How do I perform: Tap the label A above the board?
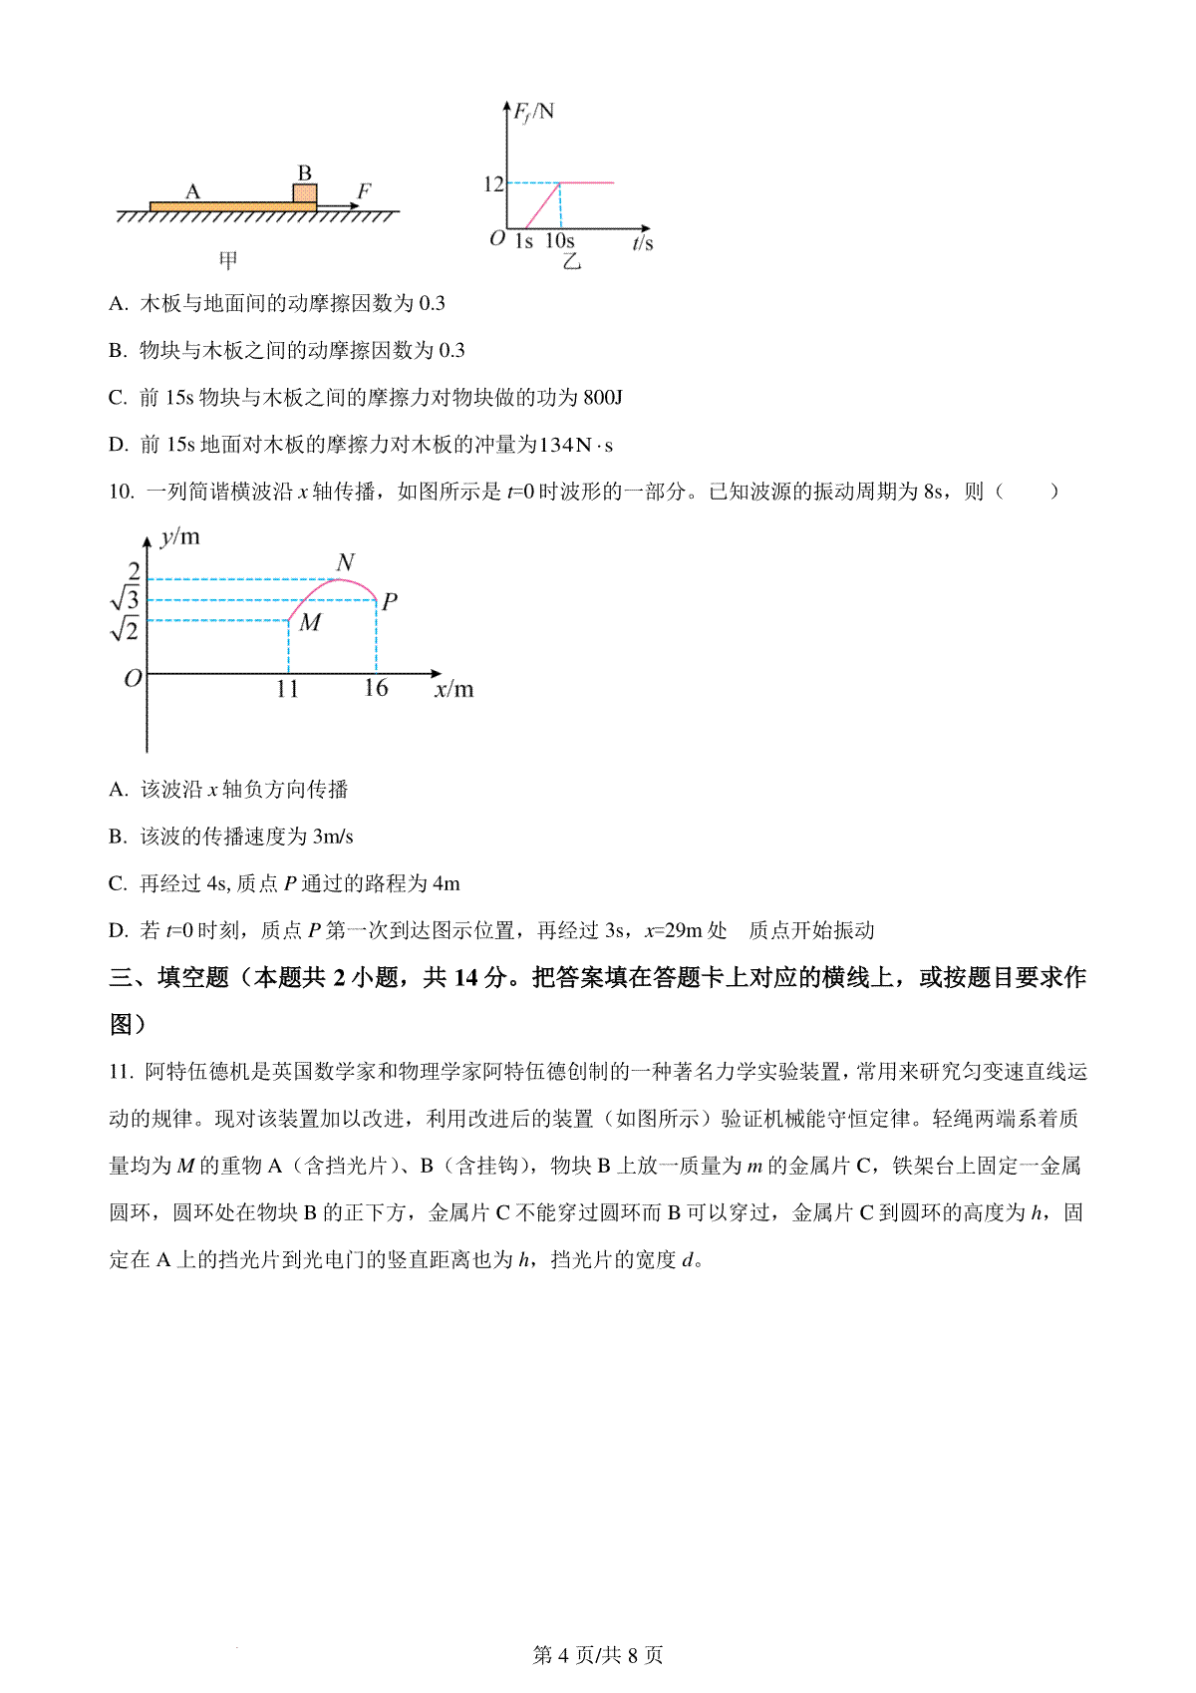pos(193,191)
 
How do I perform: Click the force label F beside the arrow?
pos(364,190)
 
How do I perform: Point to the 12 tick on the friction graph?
pos(493,183)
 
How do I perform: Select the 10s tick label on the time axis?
pos(560,241)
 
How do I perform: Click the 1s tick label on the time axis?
pos(524,241)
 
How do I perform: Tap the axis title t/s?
pos(643,242)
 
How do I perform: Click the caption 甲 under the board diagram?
pos(228,261)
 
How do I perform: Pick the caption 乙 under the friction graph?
pos(571,262)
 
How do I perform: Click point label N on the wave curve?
pos(346,563)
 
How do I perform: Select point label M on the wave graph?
pos(310,623)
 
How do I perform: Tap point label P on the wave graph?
pos(390,601)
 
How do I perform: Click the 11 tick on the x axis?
pos(287,689)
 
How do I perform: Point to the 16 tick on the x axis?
pos(376,688)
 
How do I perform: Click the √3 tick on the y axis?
pos(126,599)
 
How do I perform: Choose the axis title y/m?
pos(180,537)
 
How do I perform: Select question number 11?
pos(121,1072)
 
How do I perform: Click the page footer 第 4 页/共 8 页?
pos(598,1655)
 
